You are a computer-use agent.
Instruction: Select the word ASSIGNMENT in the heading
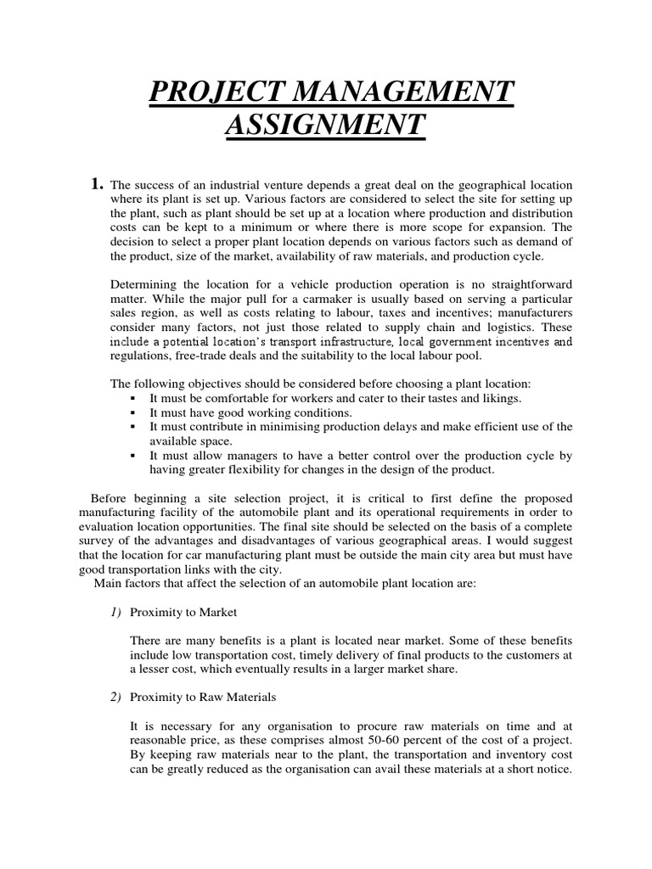click(x=323, y=125)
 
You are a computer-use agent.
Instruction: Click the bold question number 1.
click(x=98, y=184)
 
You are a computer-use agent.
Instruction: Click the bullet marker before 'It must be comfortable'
click(x=133, y=398)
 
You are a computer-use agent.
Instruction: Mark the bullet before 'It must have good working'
click(x=133, y=412)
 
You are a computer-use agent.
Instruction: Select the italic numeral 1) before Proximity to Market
click(x=116, y=613)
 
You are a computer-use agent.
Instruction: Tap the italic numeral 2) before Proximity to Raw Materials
click(x=116, y=698)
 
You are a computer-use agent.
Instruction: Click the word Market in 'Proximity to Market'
click(x=217, y=613)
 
